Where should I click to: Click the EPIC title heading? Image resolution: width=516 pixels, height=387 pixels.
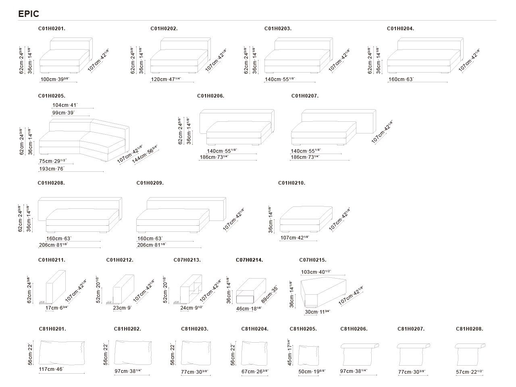point(29,14)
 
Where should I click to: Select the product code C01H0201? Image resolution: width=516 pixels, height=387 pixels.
point(52,29)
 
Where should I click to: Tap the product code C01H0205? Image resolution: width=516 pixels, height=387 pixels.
point(52,96)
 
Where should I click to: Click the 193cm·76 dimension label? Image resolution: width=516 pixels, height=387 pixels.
point(52,169)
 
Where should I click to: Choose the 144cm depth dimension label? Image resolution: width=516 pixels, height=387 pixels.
point(145,154)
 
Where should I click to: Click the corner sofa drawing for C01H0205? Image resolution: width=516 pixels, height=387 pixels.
point(84,139)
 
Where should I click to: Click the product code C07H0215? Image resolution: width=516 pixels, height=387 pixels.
point(313,260)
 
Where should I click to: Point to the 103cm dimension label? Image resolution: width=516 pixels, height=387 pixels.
point(316,272)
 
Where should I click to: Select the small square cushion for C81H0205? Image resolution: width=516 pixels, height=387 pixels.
point(308,354)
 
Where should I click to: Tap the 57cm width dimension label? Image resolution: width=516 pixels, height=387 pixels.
point(469,372)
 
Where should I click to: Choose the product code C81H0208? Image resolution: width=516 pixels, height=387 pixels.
point(469,329)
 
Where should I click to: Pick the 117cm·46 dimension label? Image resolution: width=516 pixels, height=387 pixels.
point(52,369)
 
